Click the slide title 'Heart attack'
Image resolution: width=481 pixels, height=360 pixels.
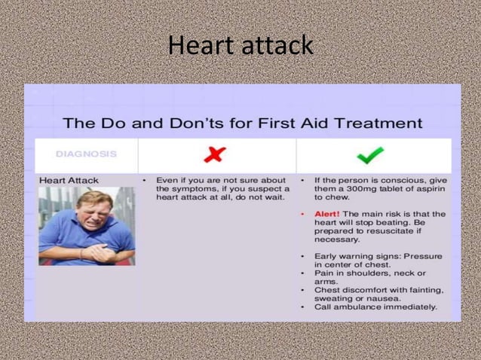click(x=240, y=45)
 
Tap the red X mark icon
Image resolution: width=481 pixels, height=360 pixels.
click(x=216, y=154)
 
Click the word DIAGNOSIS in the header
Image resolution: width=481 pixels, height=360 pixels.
click(x=86, y=154)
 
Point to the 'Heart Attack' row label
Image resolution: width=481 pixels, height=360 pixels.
click(x=69, y=181)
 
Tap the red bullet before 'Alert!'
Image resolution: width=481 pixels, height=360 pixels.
click(x=302, y=214)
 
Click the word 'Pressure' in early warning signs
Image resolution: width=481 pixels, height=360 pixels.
click(x=422, y=256)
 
